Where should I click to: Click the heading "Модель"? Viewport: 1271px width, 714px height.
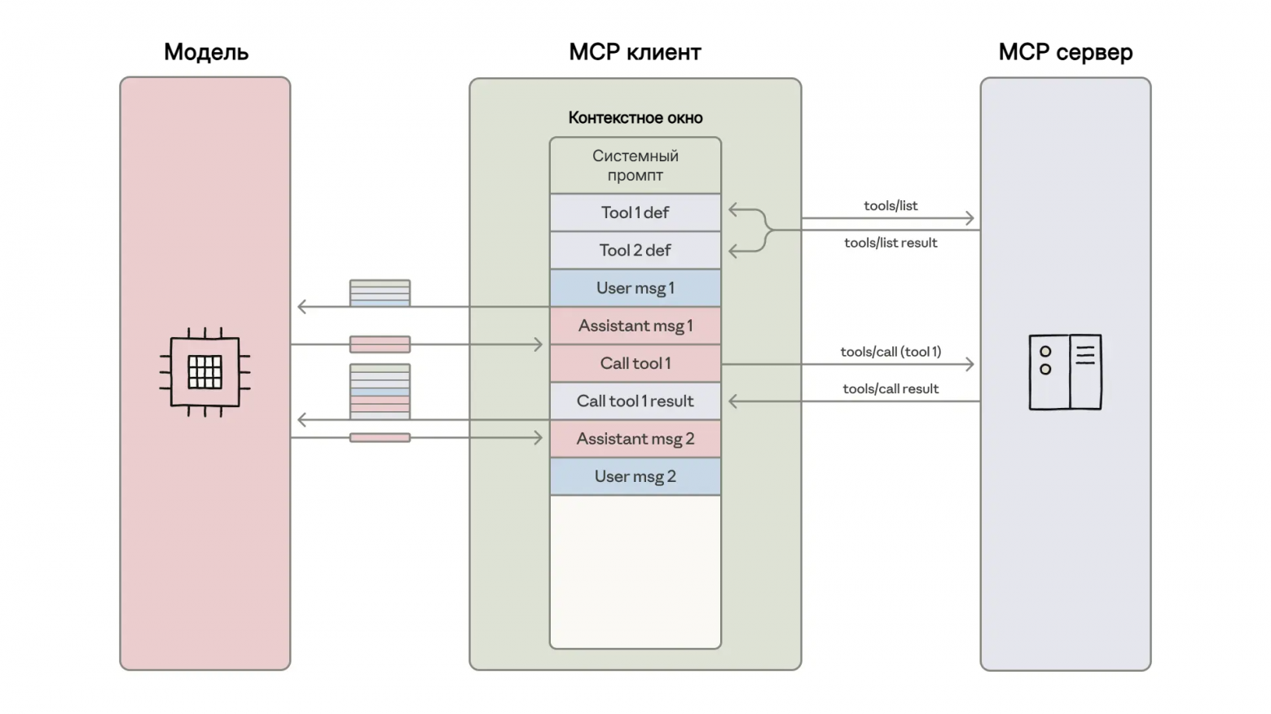(x=206, y=52)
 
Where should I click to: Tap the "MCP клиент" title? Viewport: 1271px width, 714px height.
(x=635, y=52)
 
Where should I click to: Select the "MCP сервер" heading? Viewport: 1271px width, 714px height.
(x=1065, y=52)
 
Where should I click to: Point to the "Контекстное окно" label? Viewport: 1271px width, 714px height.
(x=635, y=118)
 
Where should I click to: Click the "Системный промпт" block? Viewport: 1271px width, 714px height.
(x=635, y=165)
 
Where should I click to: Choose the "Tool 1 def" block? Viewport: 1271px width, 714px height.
(x=635, y=212)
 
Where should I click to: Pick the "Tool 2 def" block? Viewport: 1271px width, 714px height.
(x=635, y=250)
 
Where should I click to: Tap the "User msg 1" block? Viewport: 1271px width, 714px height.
(x=635, y=288)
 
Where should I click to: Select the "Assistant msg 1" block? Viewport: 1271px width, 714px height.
(x=635, y=326)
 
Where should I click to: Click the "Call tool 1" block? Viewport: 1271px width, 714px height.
(x=635, y=363)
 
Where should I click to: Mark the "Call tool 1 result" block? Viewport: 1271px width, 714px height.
(x=635, y=401)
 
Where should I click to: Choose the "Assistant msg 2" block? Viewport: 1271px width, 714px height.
(x=635, y=439)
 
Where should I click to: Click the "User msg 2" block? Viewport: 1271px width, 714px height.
(x=635, y=476)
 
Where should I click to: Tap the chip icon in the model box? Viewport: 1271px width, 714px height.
(x=205, y=372)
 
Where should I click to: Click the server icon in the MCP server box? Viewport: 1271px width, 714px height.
(x=1065, y=371)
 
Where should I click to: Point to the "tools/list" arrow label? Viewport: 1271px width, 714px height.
(x=891, y=206)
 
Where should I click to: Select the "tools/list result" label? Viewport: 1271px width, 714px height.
(x=891, y=243)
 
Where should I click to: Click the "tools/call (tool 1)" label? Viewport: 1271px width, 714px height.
(x=891, y=352)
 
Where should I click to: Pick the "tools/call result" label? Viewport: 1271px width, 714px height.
(x=891, y=389)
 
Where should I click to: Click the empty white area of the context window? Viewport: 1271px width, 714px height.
(x=635, y=570)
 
